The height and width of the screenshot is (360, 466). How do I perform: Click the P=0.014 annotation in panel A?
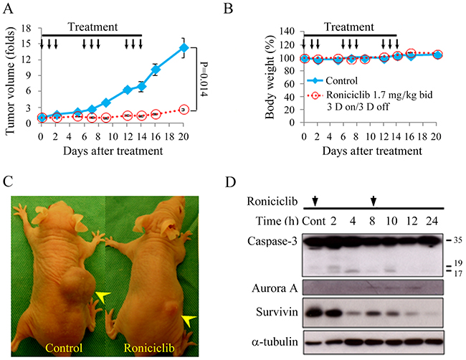204,79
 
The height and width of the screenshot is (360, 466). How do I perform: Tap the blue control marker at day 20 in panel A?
184,47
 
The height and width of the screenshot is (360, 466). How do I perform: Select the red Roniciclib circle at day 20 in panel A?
184,110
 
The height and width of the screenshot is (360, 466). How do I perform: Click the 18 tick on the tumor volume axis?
27,29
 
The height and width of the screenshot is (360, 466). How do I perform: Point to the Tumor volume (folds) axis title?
10,81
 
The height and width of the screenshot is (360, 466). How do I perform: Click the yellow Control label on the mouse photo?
64,348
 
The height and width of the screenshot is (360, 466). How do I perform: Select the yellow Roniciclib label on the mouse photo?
149,348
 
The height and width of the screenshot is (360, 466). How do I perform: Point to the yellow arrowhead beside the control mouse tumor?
103,296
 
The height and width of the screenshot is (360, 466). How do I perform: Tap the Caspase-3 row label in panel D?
272,241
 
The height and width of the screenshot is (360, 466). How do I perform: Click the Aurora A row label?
275,288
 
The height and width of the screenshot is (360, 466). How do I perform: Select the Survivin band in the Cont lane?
313,313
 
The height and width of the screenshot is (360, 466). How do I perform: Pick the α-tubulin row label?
275,342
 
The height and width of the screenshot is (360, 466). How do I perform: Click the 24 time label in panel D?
432,221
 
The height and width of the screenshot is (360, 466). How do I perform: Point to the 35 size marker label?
457,240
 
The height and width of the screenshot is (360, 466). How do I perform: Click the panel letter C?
8,181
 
